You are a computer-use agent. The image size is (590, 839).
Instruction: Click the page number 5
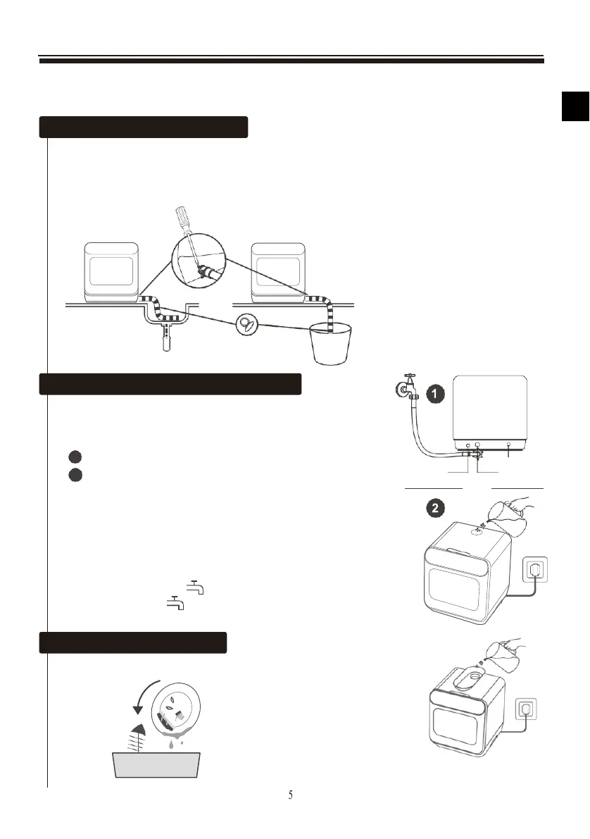click(x=291, y=795)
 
